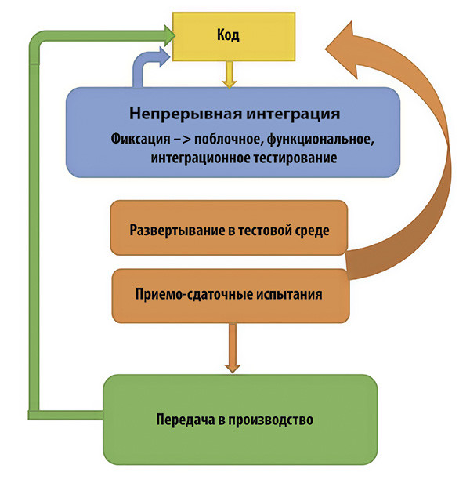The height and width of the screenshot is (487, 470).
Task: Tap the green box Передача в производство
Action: pos(240,419)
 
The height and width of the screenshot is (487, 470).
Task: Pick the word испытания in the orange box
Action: pos(291,296)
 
